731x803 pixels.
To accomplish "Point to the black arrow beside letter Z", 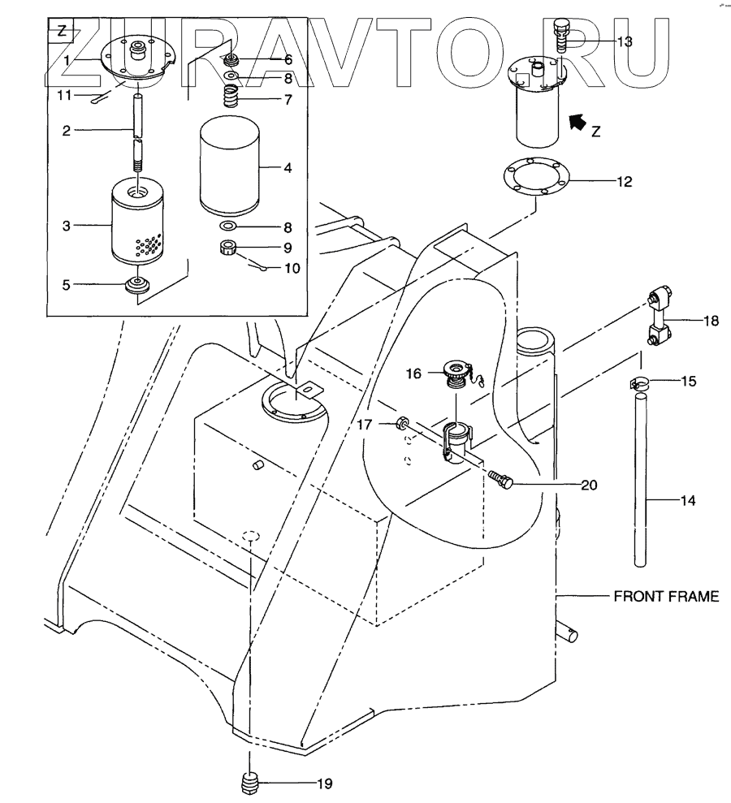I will click(x=577, y=123).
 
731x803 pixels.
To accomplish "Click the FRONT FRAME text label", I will click(x=666, y=597).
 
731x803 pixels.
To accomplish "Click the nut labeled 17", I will click(x=402, y=423).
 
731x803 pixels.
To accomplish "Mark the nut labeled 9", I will click(x=228, y=246).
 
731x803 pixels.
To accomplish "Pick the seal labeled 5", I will click(x=136, y=286).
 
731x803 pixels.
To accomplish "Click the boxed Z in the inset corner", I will click(x=62, y=33).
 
